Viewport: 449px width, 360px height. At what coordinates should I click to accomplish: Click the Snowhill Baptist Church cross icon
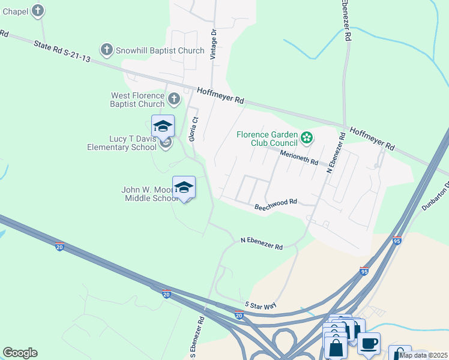[107, 50]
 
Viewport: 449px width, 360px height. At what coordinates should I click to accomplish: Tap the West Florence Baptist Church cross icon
[174, 98]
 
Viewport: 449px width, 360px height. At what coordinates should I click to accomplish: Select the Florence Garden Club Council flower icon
[307, 138]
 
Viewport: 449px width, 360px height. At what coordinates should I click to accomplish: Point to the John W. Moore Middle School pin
[184, 188]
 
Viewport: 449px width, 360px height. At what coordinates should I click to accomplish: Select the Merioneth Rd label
[297, 157]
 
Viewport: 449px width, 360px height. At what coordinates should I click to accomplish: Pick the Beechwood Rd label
[276, 204]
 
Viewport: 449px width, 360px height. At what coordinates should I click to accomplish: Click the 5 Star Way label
[260, 305]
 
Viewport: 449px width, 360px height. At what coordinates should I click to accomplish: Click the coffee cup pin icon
[369, 344]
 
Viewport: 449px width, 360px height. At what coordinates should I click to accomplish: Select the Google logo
[20, 353]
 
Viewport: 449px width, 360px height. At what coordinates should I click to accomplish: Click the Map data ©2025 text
[423, 355]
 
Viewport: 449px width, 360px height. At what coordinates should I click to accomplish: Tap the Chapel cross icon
[38, 10]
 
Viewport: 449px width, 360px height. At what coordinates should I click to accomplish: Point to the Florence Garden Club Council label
[267, 139]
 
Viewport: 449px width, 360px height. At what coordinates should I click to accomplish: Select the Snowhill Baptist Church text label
[160, 50]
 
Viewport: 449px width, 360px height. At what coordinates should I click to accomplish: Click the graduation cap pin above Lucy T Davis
[163, 126]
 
